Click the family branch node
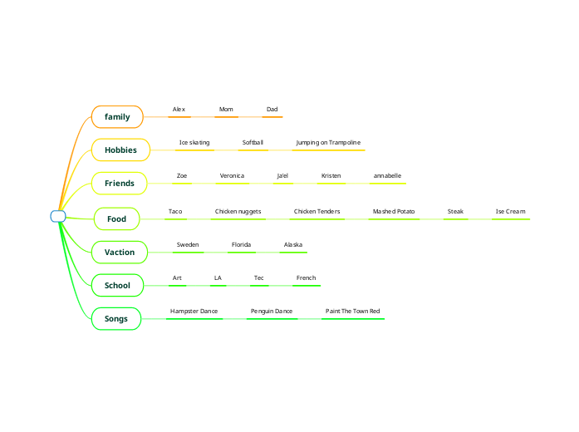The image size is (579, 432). click(117, 117)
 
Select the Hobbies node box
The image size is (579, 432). click(120, 150)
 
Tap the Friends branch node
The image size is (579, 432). click(119, 184)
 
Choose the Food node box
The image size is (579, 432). click(116, 219)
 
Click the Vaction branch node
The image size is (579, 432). click(119, 252)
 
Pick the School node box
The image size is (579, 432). click(117, 286)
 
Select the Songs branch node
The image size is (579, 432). click(116, 319)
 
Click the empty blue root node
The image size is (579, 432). click(58, 217)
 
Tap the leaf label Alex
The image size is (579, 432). click(179, 110)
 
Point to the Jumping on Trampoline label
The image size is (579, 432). click(328, 143)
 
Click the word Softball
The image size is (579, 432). click(253, 143)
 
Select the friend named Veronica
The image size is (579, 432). click(232, 176)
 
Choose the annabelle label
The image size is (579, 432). click(387, 176)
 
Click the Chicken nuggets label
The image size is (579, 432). click(238, 212)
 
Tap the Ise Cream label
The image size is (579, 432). click(510, 212)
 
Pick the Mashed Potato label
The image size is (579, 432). click(394, 212)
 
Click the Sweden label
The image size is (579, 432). click(188, 245)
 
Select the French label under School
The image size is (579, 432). click(306, 278)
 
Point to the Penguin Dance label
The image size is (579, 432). click(272, 312)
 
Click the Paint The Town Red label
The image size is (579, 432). click(352, 312)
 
